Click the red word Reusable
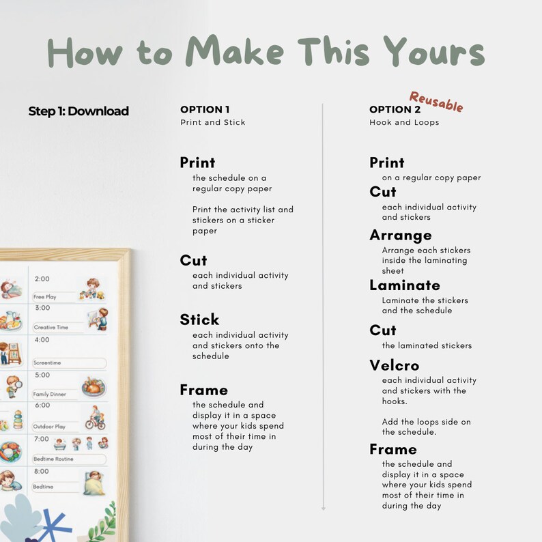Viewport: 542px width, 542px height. [436, 102]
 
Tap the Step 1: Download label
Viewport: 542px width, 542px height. [79, 111]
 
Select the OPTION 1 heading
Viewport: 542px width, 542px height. [205, 109]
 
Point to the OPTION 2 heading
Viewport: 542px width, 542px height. [395, 109]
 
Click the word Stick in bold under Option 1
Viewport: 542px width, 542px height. [199, 319]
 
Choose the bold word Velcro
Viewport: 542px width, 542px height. [395, 365]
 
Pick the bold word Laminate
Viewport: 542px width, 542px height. [405, 285]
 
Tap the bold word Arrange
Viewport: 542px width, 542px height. [401, 235]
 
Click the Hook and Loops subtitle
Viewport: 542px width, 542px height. [404, 123]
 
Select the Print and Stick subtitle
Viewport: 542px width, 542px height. [213, 123]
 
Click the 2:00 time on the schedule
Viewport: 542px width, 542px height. [42, 279]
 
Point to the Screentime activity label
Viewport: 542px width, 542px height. [48, 363]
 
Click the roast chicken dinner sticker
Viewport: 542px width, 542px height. [94, 387]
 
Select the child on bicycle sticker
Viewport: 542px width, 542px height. [94, 418]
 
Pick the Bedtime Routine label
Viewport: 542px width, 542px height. [53, 459]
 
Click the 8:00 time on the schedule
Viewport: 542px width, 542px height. [42, 471]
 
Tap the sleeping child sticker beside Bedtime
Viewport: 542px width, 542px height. [94, 483]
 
